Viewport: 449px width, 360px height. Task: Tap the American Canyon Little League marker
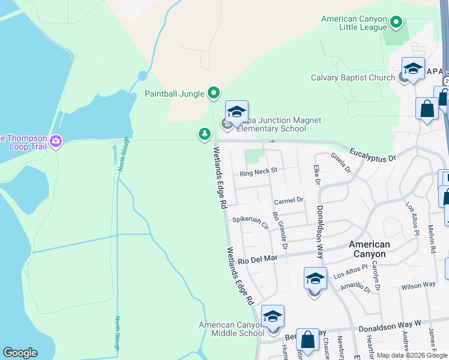[x=396, y=23]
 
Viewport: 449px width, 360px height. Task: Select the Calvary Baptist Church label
[x=352, y=78]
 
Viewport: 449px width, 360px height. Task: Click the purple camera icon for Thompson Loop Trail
[x=56, y=141]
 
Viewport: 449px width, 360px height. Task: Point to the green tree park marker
[x=205, y=134]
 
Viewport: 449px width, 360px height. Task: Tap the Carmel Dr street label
[x=289, y=200]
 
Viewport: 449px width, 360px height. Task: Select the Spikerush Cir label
[x=250, y=220]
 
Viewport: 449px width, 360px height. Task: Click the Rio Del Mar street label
[x=258, y=259]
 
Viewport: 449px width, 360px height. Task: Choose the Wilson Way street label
[x=418, y=286]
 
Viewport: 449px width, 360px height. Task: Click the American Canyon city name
[x=369, y=249]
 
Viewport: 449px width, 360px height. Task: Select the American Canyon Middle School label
[x=231, y=329]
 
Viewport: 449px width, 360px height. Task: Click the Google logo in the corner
[x=20, y=353]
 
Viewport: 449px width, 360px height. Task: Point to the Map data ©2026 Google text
[x=412, y=355]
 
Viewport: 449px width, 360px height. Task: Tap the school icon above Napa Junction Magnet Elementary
[x=237, y=112]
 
